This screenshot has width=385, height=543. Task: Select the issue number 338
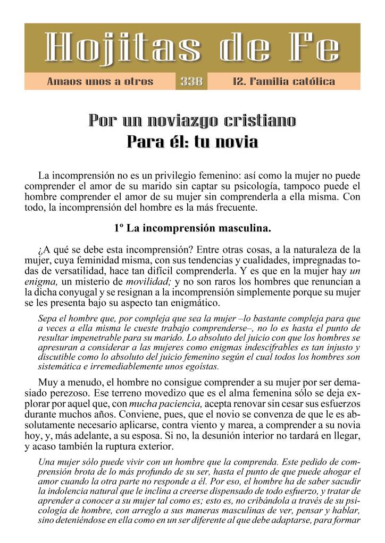point(191,82)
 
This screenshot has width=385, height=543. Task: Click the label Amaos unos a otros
point(100,82)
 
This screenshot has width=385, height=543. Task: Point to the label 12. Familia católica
point(283,82)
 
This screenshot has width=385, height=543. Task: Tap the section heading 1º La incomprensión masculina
point(192,229)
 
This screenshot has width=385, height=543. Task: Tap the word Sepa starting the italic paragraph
point(48,318)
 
